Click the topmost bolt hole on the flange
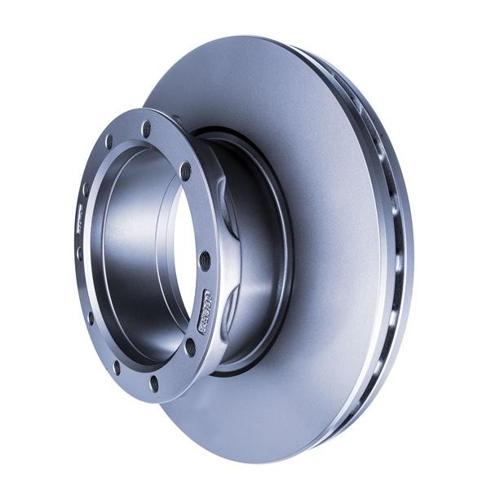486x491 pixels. [146, 129]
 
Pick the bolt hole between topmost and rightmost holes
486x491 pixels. [186, 171]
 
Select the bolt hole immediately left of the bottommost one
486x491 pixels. [116, 367]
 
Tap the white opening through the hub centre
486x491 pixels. [184, 245]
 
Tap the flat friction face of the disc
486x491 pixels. [326, 245]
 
